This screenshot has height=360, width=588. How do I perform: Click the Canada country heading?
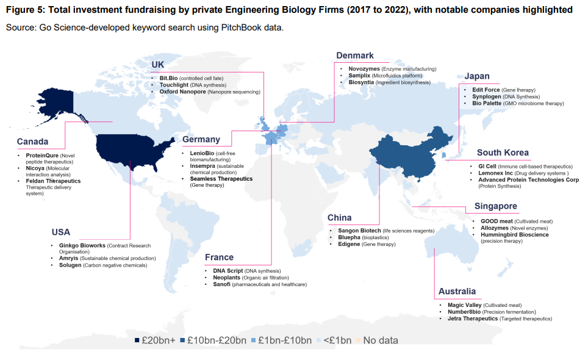[33, 142]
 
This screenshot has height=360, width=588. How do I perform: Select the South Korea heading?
[503, 153]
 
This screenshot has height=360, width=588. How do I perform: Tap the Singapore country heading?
[495, 207]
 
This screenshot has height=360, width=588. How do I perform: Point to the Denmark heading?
[354, 56]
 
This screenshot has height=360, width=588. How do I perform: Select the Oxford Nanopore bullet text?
[183, 92]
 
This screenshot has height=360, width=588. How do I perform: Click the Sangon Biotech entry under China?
[359, 231]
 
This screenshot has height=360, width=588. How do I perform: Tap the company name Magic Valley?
[465, 305]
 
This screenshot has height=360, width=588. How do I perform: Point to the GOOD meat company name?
[492, 221]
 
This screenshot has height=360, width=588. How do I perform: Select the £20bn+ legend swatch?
[137, 340]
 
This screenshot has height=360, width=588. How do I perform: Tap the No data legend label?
[381, 340]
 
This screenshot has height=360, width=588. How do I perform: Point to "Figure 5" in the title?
[27, 10]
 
